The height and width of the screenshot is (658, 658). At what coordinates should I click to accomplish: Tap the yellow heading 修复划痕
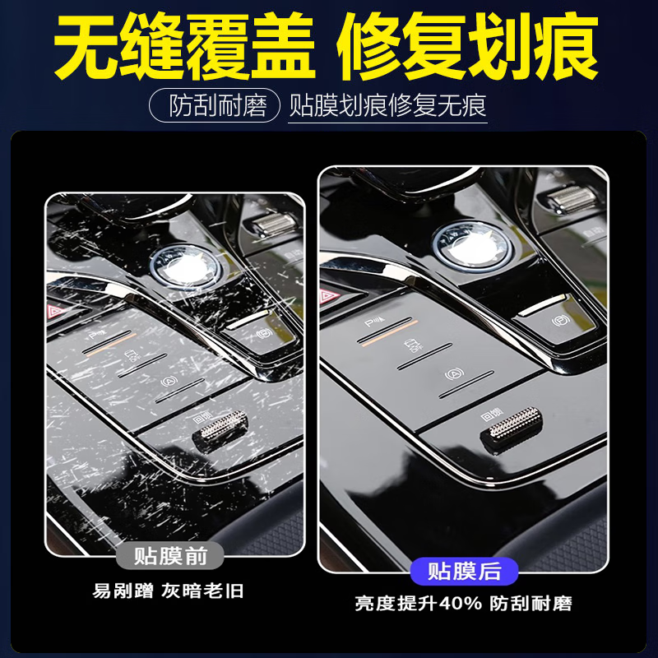467,47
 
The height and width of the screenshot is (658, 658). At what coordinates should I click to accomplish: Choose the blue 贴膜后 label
465,570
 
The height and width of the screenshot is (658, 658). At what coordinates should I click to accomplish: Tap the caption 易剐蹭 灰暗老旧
169,591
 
